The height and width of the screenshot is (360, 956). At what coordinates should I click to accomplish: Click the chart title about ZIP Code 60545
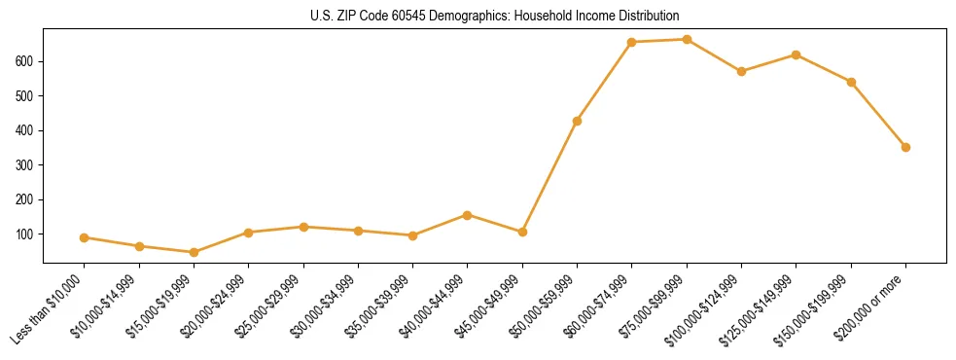478,16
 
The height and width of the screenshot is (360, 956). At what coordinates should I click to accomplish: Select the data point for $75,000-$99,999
687,40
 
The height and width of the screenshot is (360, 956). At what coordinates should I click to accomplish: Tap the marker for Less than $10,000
85,237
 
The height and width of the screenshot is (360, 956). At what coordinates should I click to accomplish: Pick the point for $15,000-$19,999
194,252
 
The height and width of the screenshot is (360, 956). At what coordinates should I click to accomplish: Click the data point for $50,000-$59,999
577,121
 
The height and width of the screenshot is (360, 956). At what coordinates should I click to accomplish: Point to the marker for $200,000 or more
905,147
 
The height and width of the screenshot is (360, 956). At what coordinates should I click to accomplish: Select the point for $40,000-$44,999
468,215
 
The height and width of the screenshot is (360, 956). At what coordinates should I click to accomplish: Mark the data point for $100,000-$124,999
741,71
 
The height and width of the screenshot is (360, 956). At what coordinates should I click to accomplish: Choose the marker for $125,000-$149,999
796,54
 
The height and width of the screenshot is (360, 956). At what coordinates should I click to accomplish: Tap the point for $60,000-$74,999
632,42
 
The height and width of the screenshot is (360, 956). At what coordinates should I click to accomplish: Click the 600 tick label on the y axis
27,61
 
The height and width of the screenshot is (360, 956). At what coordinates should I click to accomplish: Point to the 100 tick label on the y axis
27,234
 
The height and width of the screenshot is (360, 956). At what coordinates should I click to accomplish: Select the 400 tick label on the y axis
27,130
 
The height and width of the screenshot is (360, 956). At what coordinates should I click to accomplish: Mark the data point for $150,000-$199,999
851,82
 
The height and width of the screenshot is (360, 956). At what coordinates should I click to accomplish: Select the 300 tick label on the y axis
27,165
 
